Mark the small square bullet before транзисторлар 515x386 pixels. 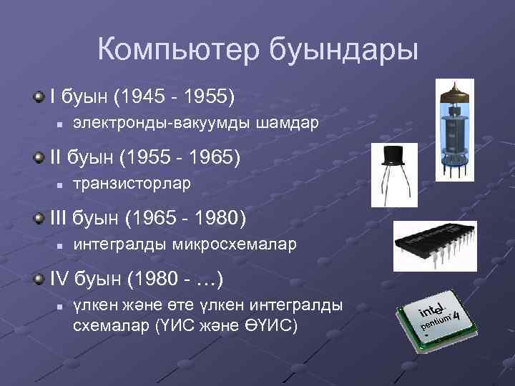point(61,185)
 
